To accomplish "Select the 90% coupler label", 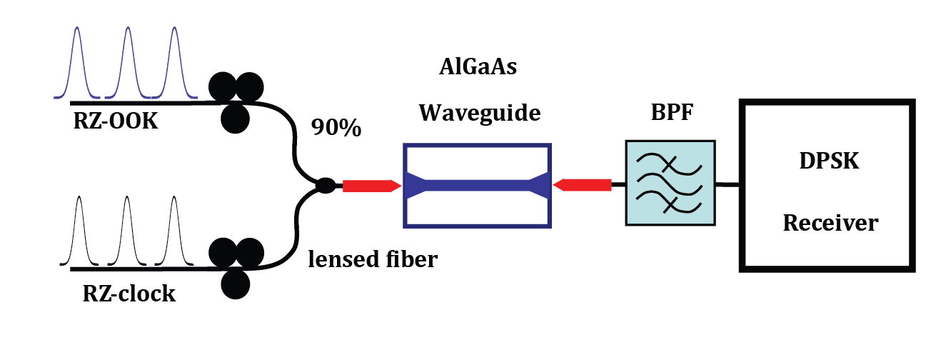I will pyautogui.click(x=336, y=129).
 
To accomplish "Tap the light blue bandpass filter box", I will pyautogui.click(x=670, y=184).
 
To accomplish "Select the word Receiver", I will pyautogui.click(x=830, y=223).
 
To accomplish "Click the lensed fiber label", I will pyautogui.click(x=372, y=259).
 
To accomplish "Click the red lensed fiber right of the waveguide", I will pyautogui.click(x=583, y=186).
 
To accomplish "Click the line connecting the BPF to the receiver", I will pyautogui.click(x=726, y=185).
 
